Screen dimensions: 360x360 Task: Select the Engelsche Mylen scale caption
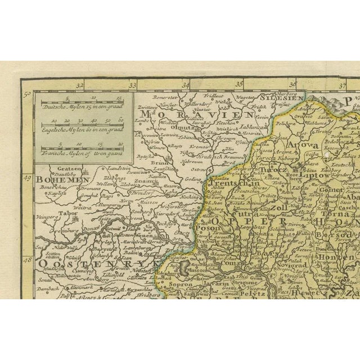(82, 129)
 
